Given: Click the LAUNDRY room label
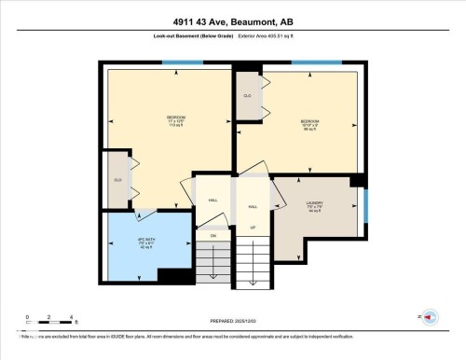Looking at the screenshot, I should [315, 207].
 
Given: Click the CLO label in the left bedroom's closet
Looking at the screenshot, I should [117, 179].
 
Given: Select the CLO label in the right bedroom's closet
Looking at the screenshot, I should [247, 96].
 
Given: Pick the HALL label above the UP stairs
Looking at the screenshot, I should [253, 206].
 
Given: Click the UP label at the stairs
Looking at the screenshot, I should [253, 228].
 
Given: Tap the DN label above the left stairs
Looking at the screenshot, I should [212, 236].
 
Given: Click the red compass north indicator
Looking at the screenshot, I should [429, 317].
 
